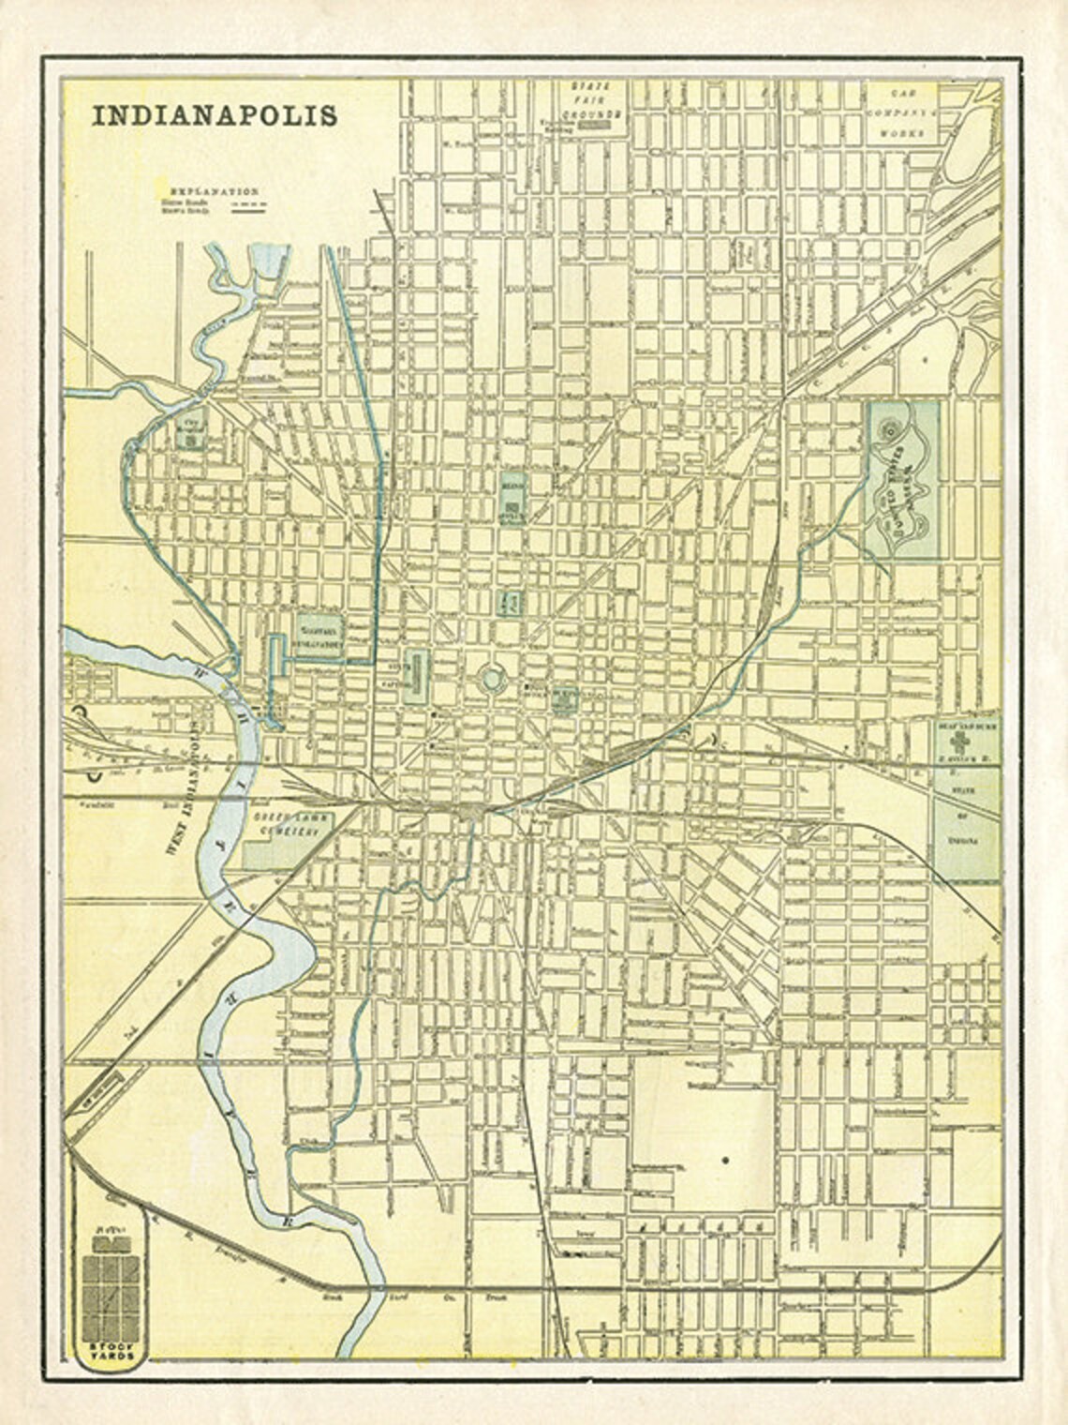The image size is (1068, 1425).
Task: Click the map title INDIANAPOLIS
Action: tap(214, 114)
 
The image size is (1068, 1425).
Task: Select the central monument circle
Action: tap(490, 679)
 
